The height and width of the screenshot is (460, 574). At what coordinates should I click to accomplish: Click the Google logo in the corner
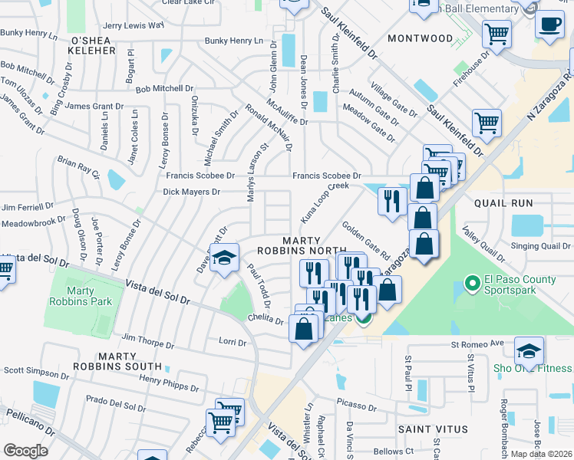pyautogui.click(x=25, y=451)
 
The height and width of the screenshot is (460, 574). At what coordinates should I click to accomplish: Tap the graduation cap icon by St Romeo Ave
pyautogui.click(x=529, y=350)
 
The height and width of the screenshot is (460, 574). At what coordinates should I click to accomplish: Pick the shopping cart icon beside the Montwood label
pyautogui.click(x=496, y=33)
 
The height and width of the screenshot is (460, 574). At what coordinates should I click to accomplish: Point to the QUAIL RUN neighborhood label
pyautogui.click(x=503, y=203)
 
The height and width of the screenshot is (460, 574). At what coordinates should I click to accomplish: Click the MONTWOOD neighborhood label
pyautogui.click(x=421, y=38)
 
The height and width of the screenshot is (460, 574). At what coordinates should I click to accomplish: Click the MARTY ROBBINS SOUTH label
pyautogui.click(x=128, y=361)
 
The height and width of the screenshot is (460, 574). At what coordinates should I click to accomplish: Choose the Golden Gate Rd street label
pyautogui.click(x=366, y=239)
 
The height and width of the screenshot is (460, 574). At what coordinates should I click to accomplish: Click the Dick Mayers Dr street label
pyautogui.click(x=191, y=192)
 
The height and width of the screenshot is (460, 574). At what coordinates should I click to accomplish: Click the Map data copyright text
pyautogui.click(x=542, y=454)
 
